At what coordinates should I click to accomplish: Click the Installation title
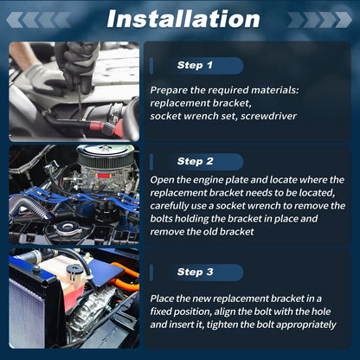pyautogui.click(x=183, y=19)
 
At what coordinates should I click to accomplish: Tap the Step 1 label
pyautogui.click(x=195, y=65)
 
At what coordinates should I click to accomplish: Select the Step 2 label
pyautogui.click(x=196, y=161)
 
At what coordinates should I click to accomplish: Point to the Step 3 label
pyautogui.click(x=196, y=272)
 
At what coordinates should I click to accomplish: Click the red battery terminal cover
pyautogui.click(x=98, y=126)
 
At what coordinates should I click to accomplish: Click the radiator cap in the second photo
pyautogui.click(x=67, y=228)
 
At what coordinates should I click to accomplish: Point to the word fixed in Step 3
pyautogui.click(x=161, y=312)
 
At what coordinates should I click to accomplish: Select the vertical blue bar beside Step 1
pyautogui.click(x=151, y=66)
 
